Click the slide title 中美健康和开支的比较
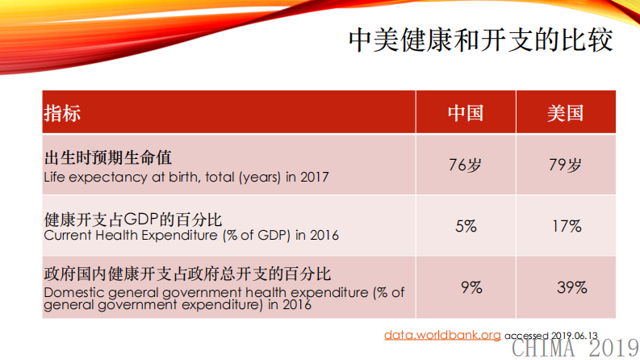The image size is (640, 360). (x=479, y=40)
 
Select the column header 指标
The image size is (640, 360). (x=62, y=113)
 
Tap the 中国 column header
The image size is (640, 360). (x=465, y=113)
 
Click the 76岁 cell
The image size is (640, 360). (x=465, y=165)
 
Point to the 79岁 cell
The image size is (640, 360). (x=564, y=165)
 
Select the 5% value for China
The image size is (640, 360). (x=466, y=227)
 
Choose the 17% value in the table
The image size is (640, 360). (x=567, y=227)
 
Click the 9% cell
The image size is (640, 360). (x=471, y=287)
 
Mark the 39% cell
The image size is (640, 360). (x=571, y=287)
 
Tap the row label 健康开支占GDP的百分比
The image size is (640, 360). (x=132, y=219)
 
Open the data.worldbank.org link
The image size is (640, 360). (x=442, y=334)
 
